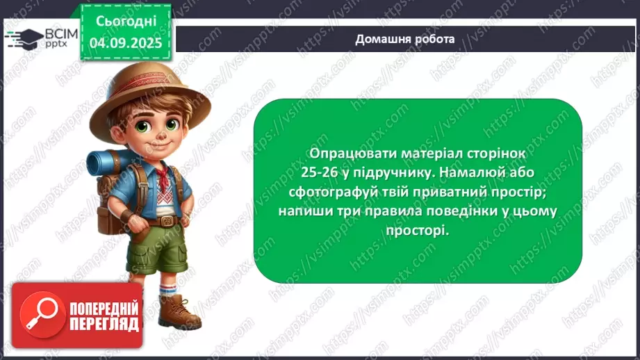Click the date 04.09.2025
[x=125, y=42]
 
